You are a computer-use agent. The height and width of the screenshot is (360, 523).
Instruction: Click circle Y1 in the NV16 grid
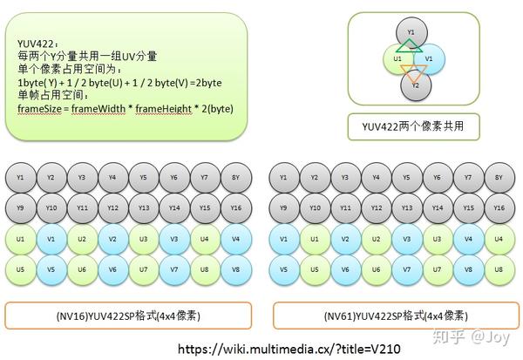coord(20,178)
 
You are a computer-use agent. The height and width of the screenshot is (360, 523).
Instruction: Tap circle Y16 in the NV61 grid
coord(498,208)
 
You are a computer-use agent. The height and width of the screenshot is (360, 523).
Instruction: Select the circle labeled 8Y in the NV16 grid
coord(235,178)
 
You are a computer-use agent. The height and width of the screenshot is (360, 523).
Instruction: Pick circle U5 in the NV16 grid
coord(20,269)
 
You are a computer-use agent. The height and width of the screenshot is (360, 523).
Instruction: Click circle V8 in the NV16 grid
coord(235,269)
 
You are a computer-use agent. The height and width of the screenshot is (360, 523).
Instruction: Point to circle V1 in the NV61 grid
coord(282,239)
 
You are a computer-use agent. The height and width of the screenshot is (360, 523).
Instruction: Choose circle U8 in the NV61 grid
coord(498,269)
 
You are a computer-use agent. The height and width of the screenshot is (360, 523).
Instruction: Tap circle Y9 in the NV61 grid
coord(282,208)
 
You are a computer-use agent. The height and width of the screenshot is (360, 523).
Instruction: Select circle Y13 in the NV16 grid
coord(143,208)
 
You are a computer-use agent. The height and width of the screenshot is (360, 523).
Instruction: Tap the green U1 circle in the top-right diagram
coord(397,58)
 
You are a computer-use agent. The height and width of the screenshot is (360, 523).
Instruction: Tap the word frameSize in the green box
coord(39,108)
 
